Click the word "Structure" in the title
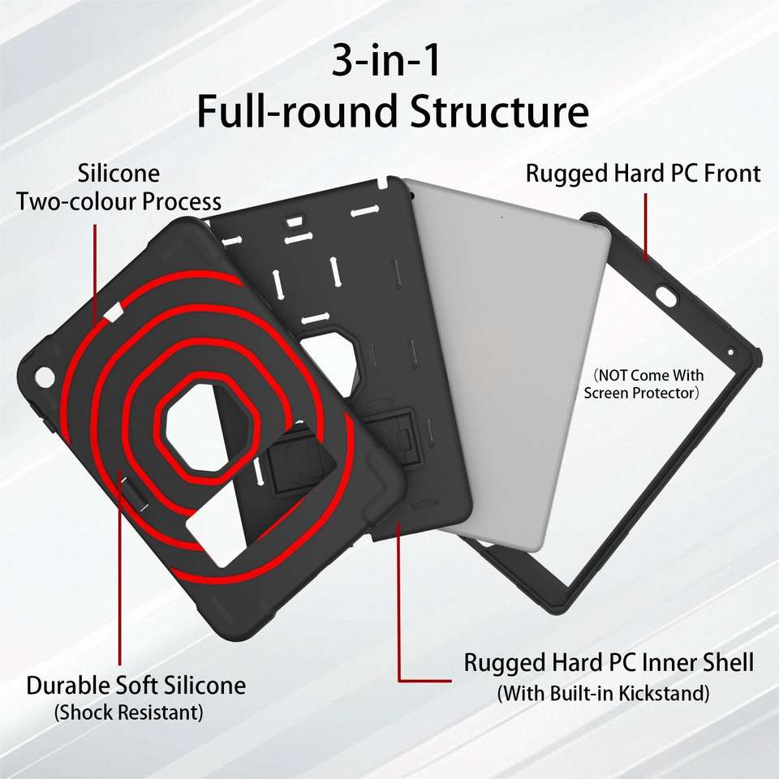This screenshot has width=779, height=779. click(x=498, y=112)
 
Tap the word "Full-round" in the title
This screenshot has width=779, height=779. click(x=297, y=112)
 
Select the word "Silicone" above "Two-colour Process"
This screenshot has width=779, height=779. click(x=118, y=174)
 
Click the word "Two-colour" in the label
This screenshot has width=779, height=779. click(x=76, y=200)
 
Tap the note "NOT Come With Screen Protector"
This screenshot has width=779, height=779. click(x=643, y=385)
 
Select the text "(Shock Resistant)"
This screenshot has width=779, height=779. click(x=128, y=713)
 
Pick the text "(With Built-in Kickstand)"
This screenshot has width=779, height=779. click(x=603, y=694)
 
